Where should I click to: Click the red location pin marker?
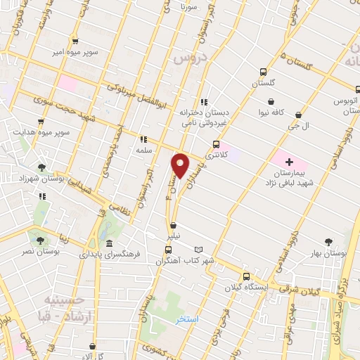[181, 164]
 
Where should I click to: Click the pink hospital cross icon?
[290, 162]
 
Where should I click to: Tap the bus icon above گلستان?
[263, 72]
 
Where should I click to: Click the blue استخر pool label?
[189, 319]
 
